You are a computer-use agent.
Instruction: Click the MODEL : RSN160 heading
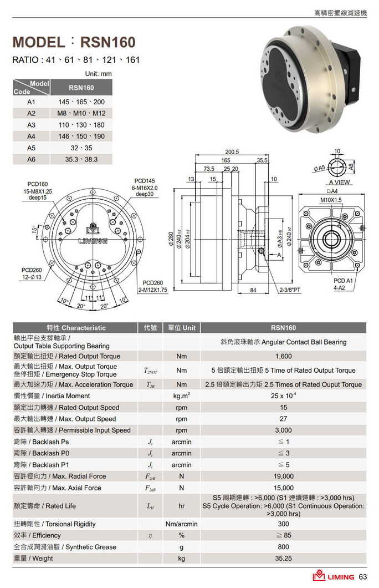(x=74, y=42)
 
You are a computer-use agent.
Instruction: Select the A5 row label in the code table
(x=31, y=148)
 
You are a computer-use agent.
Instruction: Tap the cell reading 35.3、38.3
(x=81, y=159)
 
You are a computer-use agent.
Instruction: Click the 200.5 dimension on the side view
(x=232, y=151)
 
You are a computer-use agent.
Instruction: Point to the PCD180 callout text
(x=38, y=184)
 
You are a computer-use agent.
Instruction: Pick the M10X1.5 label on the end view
(x=331, y=200)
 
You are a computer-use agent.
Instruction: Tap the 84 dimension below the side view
(x=253, y=290)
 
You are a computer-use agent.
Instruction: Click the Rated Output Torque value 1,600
(x=283, y=356)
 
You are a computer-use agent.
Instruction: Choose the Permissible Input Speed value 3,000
(x=283, y=430)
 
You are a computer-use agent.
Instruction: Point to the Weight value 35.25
(x=283, y=559)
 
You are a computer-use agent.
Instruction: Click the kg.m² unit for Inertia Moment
(x=181, y=396)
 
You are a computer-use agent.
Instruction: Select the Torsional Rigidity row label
(x=54, y=524)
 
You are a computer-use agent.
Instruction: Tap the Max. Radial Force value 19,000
(x=283, y=477)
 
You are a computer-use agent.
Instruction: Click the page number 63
(x=363, y=577)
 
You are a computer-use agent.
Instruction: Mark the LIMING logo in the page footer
(x=333, y=577)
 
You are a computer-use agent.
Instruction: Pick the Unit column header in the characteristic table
(x=181, y=328)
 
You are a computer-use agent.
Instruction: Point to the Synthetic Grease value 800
(x=283, y=547)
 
